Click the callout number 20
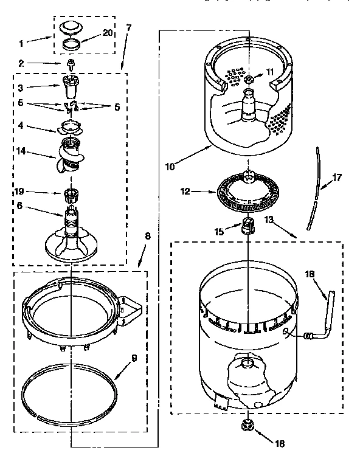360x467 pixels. pyautogui.click(x=107, y=33)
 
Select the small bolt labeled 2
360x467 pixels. pyautogui.click(x=71, y=64)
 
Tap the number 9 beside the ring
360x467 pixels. pyautogui.click(x=135, y=358)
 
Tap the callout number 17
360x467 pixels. pyautogui.click(x=336, y=178)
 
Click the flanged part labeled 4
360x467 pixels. pyautogui.click(x=72, y=126)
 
